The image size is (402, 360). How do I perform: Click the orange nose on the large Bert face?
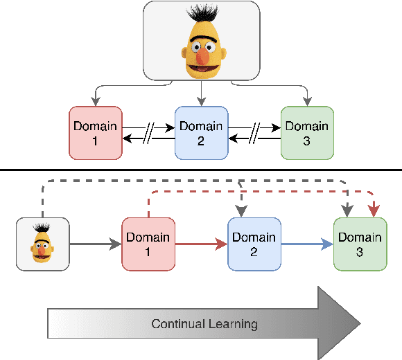200,51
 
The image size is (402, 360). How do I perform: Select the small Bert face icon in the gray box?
42,244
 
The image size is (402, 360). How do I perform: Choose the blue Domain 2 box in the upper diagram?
201,133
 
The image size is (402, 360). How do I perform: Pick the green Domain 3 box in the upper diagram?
306,133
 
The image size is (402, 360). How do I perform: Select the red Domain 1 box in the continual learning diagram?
148,244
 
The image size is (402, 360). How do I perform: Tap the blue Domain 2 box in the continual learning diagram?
254,244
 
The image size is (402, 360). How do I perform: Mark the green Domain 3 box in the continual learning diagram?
360,244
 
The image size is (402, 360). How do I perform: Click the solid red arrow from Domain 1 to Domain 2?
201,244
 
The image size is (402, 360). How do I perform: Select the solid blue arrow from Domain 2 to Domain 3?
307,244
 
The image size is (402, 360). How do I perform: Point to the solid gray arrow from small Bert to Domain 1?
95,244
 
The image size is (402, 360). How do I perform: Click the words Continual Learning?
204,323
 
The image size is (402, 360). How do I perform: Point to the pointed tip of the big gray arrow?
359,323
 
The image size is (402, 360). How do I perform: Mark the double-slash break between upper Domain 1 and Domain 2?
148,133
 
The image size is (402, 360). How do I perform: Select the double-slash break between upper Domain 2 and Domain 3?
254,133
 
